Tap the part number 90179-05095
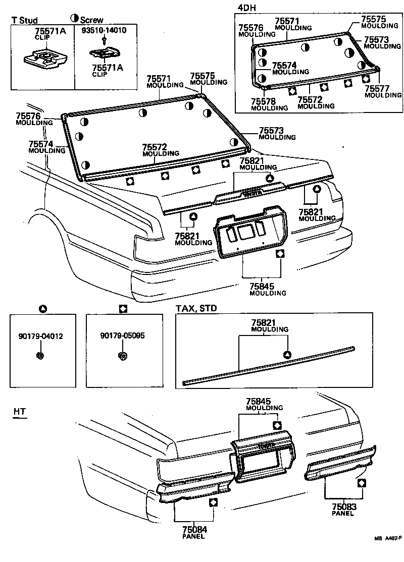coord(122,335)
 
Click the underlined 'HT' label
coord(19,412)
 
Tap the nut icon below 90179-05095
coord(122,356)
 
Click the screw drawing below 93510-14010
coord(104,39)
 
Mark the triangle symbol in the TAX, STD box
coord(286,355)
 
